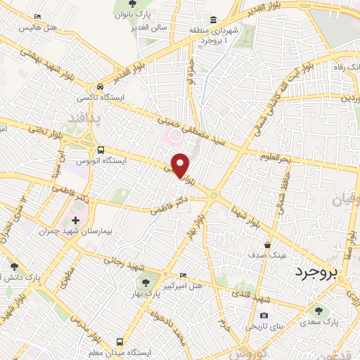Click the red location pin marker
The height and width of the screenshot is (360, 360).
181,165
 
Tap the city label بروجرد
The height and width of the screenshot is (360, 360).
316,271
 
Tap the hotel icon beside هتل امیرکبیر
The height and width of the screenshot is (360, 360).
184,275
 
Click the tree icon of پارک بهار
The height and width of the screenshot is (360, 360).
145,283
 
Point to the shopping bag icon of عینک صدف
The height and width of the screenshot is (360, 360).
268,245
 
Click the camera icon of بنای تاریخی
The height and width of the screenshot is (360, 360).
264,316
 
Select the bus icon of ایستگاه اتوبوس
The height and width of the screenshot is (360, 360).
102,150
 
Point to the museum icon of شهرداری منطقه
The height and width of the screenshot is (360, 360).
212,19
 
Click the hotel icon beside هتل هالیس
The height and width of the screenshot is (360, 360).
37,17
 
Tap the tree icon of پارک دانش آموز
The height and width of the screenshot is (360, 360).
13,266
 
